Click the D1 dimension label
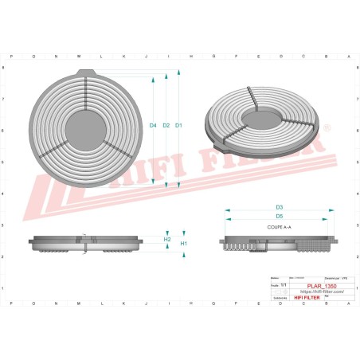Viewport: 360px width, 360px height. coord(179,126)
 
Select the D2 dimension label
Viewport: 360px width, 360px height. coord(166,126)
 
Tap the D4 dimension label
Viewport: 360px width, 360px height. coord(153,126)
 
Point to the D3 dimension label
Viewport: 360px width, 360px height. coord(280,208)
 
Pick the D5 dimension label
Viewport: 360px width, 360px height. coord(280,217)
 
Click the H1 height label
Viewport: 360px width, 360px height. coord(183,243)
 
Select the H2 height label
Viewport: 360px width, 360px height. coord(167,239)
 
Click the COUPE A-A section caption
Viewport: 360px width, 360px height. coord(280,228)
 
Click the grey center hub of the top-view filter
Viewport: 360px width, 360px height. coord(84,125)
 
